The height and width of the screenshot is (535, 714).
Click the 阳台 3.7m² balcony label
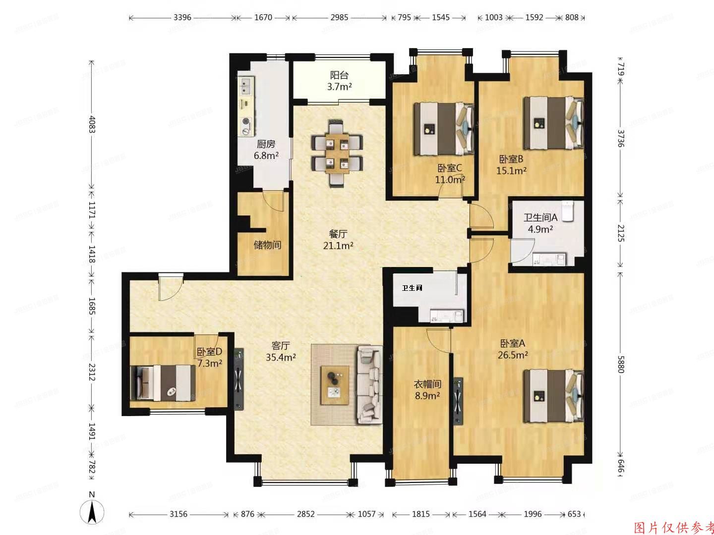339,81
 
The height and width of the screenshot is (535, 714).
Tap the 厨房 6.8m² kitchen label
266,150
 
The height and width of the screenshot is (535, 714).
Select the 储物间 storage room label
267,245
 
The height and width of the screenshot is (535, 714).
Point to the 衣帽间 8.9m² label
427,389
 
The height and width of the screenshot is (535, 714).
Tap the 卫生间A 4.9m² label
540,223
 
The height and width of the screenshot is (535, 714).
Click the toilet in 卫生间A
568,211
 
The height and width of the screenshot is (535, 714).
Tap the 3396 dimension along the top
182,17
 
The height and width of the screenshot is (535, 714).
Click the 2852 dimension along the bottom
305,514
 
